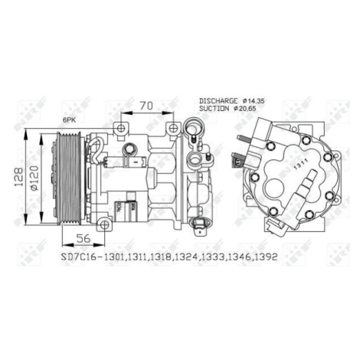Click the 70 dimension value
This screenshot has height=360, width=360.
tap(147, 106)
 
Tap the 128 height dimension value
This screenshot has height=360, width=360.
tap(19, 177)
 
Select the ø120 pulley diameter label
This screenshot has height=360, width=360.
tap(34, 178)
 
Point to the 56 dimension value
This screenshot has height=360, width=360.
tap(83, 238)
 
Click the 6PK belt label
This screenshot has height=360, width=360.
tap(69, 120)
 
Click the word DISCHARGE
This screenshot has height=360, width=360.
tap(218, 100)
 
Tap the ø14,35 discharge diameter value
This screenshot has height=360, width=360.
tap(254, 100)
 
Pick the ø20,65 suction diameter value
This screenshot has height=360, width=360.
tap(245, 109)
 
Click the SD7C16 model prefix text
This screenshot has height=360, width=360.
tap(77, 257)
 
